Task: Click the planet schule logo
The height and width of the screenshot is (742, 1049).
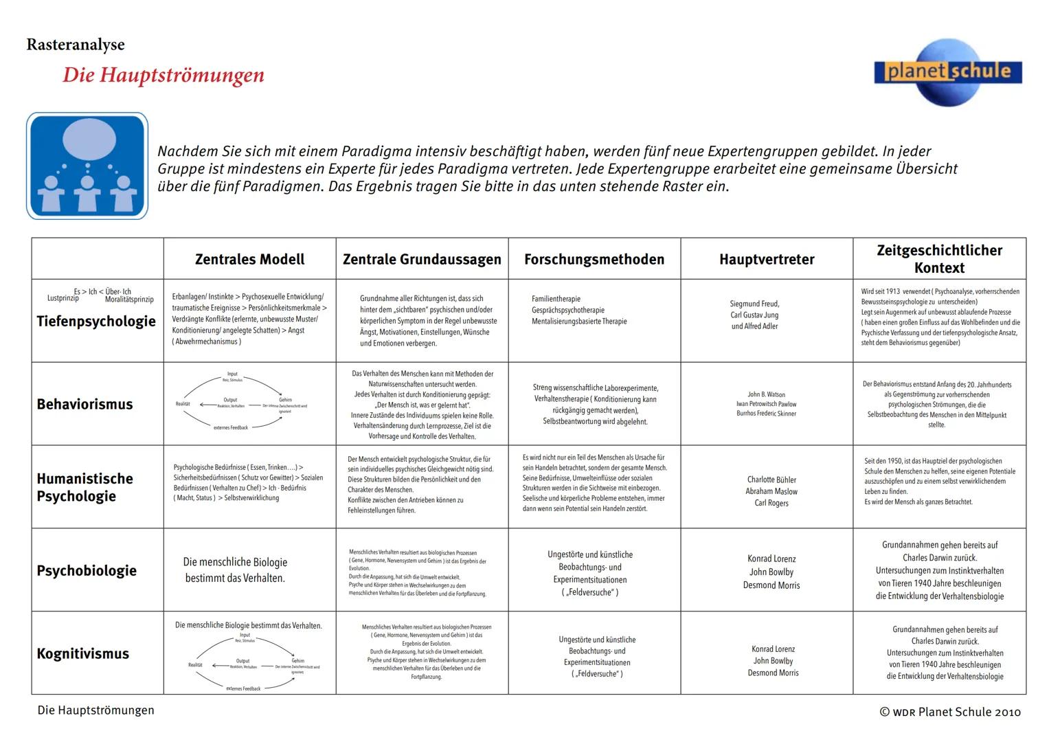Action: (948, 71)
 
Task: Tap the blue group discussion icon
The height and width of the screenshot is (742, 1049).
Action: (87, 166)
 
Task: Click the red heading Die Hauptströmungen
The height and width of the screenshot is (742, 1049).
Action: (163, 75)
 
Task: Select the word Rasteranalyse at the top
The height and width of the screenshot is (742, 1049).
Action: (76, 45)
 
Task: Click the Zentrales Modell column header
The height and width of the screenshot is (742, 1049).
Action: (249, 259)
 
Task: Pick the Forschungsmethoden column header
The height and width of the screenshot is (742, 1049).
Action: (594, 259)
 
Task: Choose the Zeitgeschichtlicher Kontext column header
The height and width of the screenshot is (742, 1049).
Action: (939, 259)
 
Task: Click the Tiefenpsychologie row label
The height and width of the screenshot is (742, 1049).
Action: (96, 321)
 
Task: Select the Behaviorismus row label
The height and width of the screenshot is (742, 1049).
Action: (84, 404)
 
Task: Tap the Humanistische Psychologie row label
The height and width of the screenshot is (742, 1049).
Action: (84, 487)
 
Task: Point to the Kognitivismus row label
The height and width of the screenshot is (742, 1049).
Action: (82, 653)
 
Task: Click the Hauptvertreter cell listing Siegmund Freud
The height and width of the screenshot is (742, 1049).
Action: (754, 315)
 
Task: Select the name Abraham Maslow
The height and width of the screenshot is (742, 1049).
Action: (771, 491)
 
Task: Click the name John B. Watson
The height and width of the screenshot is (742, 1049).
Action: (766, 394)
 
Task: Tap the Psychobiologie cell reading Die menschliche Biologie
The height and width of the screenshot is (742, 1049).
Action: (235, 570)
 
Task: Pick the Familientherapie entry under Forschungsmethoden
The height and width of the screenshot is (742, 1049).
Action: (556, 299)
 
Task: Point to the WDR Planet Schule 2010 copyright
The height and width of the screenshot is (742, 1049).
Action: (950, 712)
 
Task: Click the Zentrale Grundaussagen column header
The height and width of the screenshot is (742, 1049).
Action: (422, 259)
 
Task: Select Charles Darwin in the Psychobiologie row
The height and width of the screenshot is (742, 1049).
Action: (939, 558)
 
